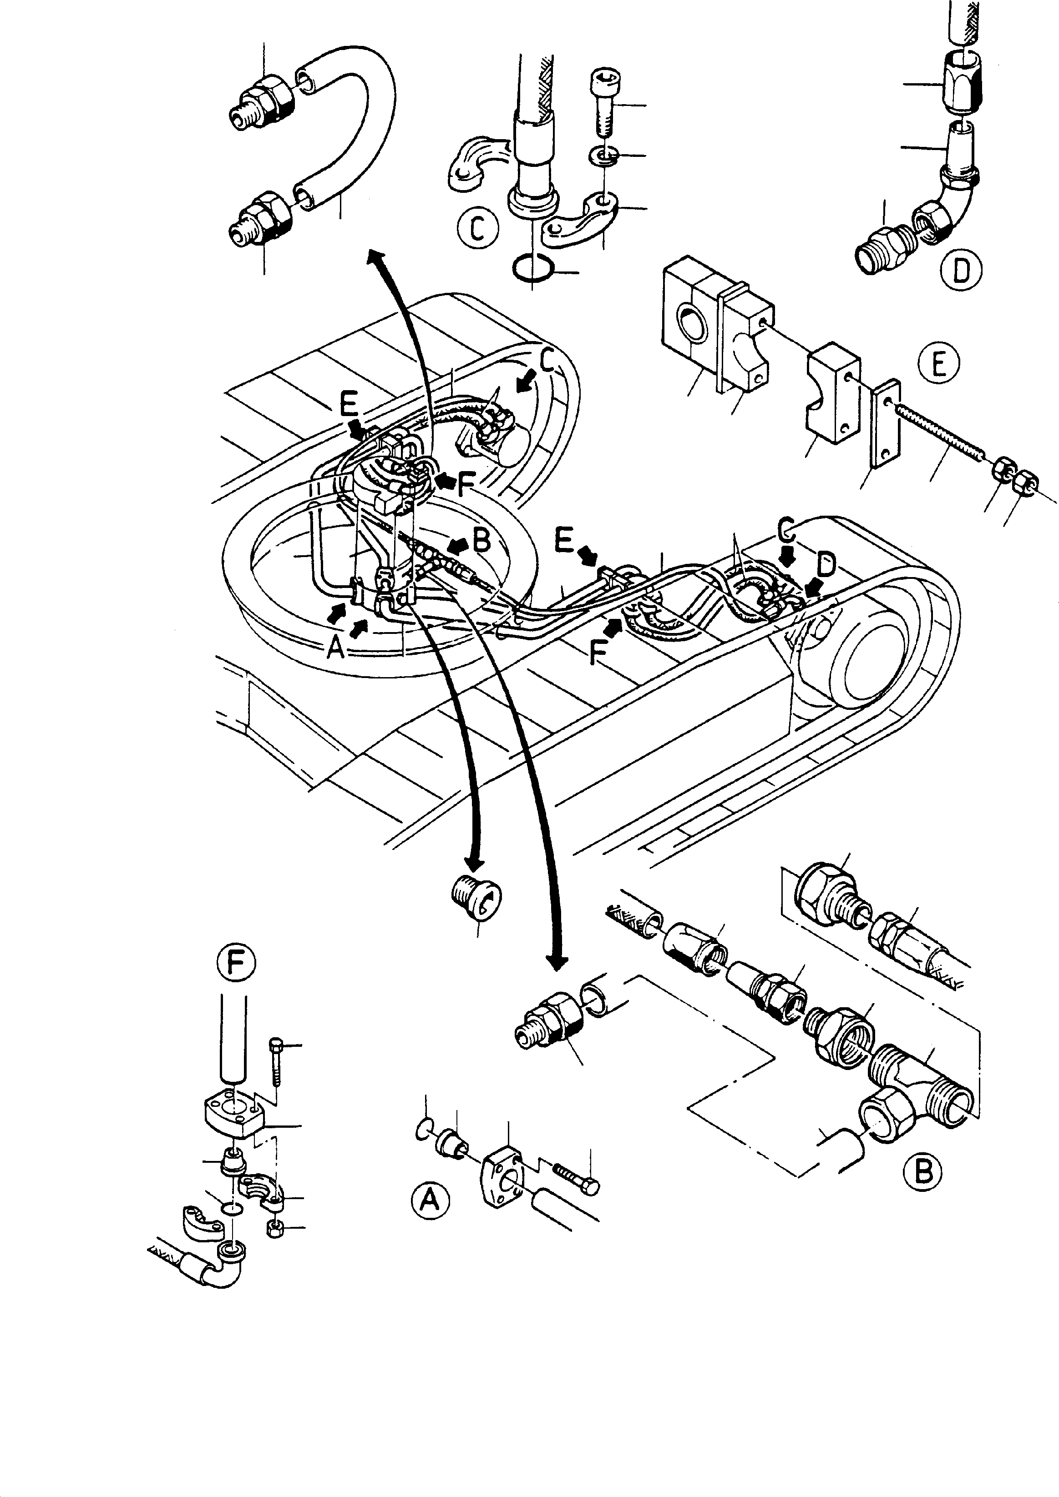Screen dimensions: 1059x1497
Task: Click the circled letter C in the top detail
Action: point(478,228)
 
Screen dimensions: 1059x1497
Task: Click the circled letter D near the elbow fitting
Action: point(961,269)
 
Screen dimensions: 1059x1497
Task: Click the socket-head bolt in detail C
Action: point(603,104)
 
